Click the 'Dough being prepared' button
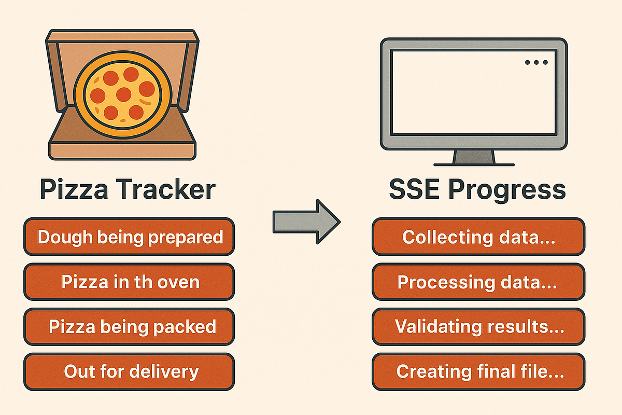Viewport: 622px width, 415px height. pos(130,237)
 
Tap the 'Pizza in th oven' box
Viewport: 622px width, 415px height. pos(130,282)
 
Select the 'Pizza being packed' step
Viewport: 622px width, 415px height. pos(130,327)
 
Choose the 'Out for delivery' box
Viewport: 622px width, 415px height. pos(130,371)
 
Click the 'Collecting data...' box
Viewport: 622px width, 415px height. pos(478,237)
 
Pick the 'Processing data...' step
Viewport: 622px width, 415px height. pos(478,282)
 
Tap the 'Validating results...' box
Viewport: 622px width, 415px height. pos(478,327)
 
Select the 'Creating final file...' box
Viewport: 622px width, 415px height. pos(478,371)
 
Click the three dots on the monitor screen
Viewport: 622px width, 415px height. pos(536,62)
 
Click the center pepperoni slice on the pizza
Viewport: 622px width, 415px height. pos(123,94)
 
